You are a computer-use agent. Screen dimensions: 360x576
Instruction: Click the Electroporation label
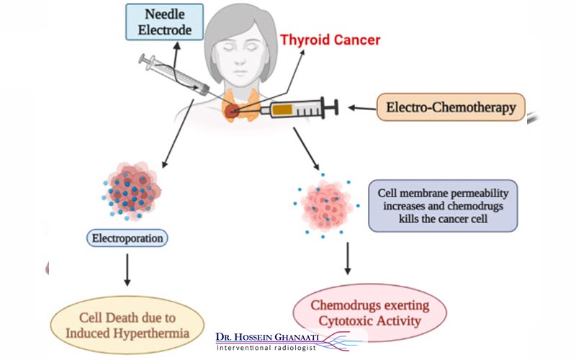129,237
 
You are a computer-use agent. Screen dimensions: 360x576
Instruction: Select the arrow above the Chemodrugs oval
348,258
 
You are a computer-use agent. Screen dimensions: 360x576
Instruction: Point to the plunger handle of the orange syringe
333,109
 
